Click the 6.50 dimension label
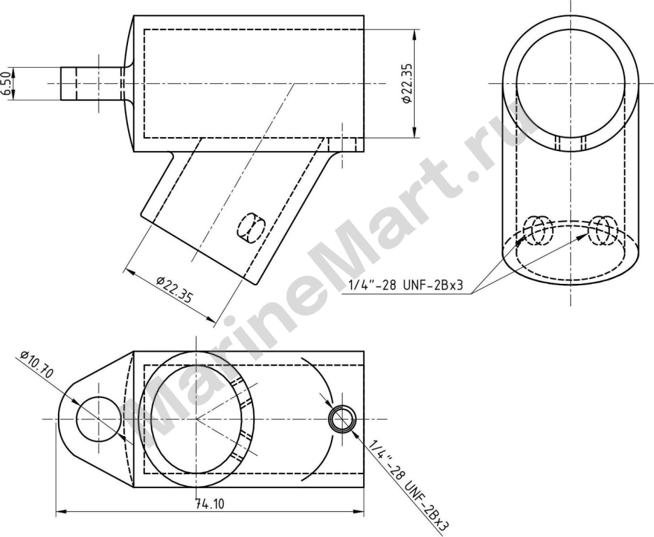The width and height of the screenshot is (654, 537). pos(6,83)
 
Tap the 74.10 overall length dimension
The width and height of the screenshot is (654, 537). pos(210,504)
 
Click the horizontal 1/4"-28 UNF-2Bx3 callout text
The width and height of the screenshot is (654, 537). pos(406,285)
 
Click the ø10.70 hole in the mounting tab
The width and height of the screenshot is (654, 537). pos(99,419)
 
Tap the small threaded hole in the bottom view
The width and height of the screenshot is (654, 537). pos(343,419)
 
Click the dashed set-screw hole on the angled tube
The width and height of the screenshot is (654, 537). pos(252,228)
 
